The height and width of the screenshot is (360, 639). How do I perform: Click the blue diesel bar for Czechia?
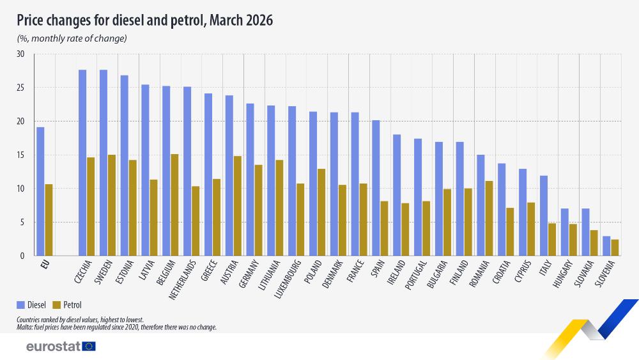(82, 163)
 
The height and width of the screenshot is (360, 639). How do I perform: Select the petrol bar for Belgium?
(174, 205)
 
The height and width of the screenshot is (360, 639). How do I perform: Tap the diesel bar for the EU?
(40, 192)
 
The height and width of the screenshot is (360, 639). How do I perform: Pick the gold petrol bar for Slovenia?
(615, 248)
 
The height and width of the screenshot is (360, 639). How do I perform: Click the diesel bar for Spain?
(376, 188)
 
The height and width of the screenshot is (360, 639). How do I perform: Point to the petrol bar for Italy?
(552, 240)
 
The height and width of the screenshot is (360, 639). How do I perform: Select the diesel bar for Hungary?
(564, 232)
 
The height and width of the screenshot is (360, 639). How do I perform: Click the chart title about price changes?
(145, 20)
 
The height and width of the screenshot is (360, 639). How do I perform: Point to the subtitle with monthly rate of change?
(72, 38)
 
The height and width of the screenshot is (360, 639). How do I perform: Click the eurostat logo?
(61, 347)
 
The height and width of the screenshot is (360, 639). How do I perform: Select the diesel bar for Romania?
(481, 205)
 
